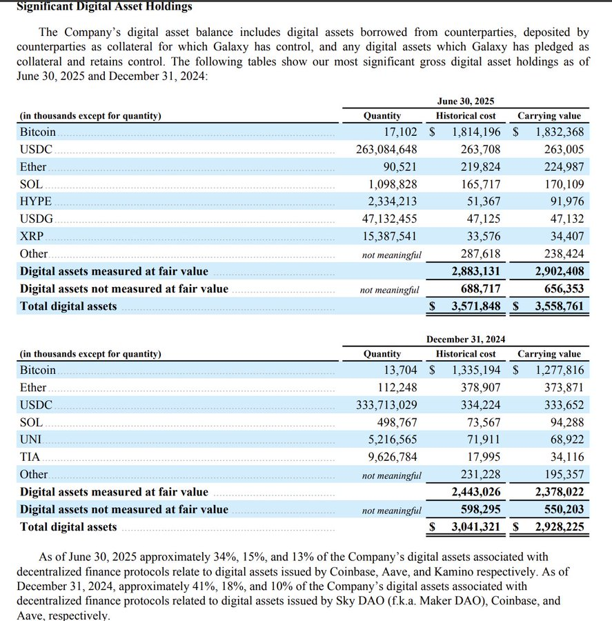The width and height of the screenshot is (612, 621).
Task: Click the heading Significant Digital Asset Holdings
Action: (x=104, y=7)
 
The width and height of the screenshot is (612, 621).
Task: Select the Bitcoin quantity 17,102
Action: (x=400, y=131)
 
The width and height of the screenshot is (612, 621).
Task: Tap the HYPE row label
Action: (x=35, y=201)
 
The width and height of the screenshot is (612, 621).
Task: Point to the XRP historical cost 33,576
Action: (x=480, y=236)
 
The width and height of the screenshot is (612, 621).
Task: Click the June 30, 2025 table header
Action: (x=465, y=101)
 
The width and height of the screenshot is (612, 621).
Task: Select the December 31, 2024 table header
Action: (x=465, y=339)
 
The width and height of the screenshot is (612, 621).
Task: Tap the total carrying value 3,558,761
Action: (x=560, y=306)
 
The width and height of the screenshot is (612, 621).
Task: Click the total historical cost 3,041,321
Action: (x=476, y=527)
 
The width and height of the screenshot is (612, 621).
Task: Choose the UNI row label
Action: (x=30, y=439)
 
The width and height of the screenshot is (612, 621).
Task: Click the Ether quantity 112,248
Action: (x=397, y=387)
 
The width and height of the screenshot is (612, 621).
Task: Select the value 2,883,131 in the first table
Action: (x=476, y=271)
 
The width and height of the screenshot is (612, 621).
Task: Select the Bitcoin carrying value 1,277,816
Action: (x=560, y=370)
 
